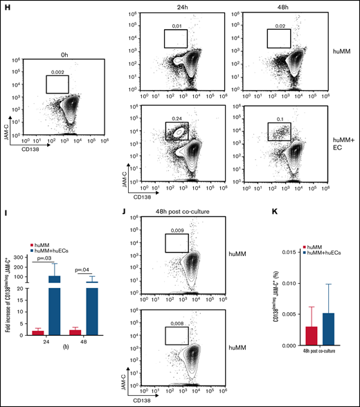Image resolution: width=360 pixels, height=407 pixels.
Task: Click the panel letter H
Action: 5,6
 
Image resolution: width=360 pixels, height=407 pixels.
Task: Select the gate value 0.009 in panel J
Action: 177,239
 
